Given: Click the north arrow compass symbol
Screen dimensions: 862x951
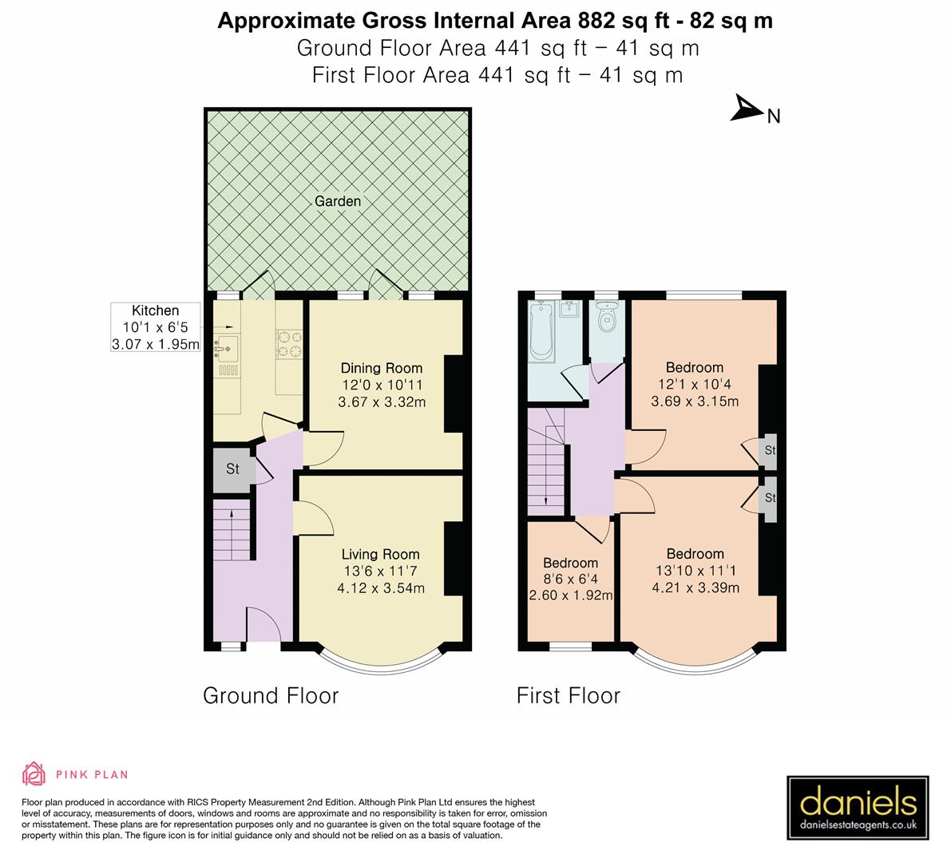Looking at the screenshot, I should (748, 109).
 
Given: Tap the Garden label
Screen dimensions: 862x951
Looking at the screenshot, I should (337, 201).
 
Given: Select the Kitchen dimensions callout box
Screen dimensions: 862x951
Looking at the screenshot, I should (155, 327).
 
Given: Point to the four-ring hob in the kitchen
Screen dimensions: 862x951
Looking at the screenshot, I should (288, 343).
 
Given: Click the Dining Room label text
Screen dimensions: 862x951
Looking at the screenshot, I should (382, 368).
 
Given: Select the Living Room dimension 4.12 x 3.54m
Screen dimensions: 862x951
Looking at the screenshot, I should (381, 589).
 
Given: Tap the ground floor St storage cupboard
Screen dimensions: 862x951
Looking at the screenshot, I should (232, 469).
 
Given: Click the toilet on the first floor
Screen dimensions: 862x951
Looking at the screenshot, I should (608, 318).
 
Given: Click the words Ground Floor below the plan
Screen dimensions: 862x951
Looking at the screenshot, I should (271, 695).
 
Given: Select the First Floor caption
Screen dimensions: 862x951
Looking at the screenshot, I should (568, 695).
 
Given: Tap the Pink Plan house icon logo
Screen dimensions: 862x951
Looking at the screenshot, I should (34, 773).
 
